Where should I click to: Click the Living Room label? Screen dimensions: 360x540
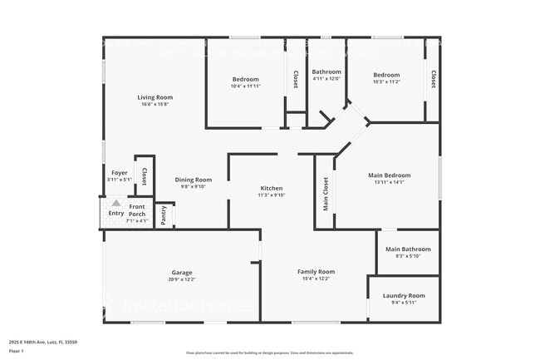point(155,97)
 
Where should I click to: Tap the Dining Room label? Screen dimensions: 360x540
point(193,180)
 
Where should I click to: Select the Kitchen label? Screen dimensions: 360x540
point(272,188)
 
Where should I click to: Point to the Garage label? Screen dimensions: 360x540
point(182,272)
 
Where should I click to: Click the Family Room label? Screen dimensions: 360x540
point(316,271)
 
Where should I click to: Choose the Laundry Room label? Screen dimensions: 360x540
point(404,295)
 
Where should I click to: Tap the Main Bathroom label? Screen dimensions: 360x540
point(408,249)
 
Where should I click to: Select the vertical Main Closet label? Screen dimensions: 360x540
point(326,193)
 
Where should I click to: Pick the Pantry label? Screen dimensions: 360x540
point(164,215)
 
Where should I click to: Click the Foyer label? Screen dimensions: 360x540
point(120,173)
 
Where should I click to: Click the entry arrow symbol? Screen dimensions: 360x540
point(116,203)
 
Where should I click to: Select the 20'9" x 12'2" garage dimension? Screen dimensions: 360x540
point(182,279)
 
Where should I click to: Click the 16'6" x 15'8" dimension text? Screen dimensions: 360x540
point(155,104)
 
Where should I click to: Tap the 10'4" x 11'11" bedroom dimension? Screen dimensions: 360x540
point(245,86)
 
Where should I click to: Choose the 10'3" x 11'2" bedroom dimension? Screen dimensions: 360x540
point(385,81)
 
